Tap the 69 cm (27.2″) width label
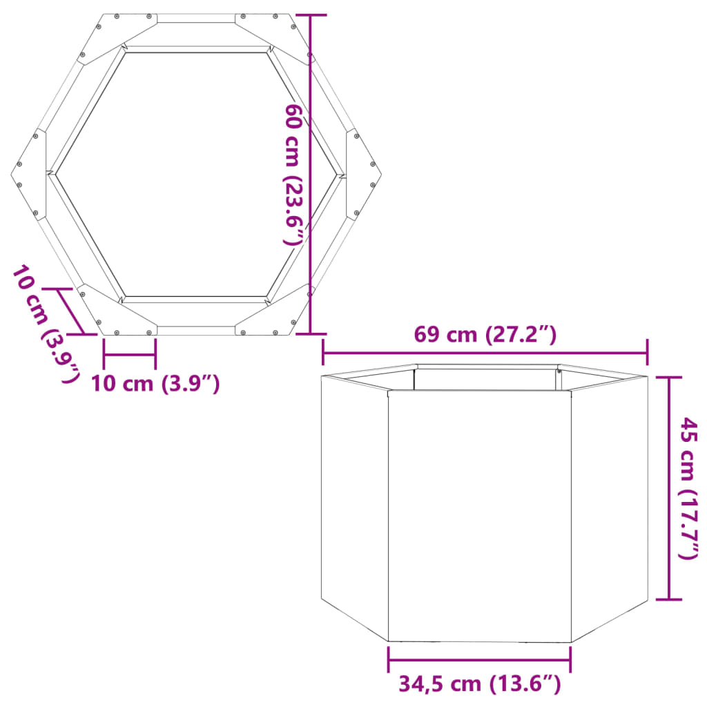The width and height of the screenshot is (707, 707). coord(485,335)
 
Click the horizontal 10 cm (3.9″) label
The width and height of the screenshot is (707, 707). coord(155,382)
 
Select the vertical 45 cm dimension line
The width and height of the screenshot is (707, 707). coord(668,487)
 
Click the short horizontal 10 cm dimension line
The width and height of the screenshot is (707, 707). coord(129,356)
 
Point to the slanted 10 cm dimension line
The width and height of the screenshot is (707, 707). coord(72,311)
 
